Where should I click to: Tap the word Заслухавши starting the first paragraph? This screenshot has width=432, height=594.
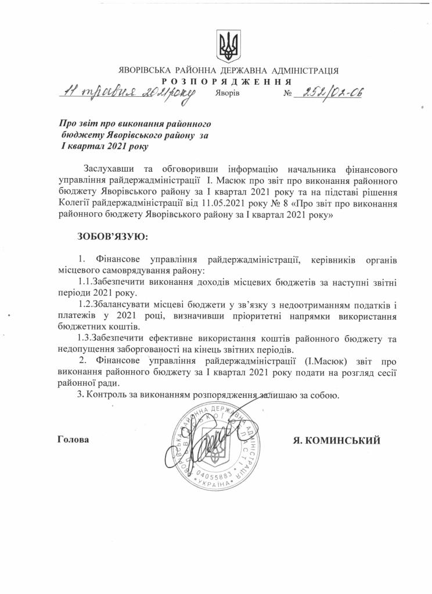pyautogui.click(x=110, y=169)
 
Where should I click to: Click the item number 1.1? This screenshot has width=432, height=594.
pyautogui.click(x=78, y=282)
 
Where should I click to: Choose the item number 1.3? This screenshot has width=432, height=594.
pyautogui.click(x=85, y=338)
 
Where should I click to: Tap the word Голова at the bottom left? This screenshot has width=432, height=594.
pyautogui.click(x=73, y=440)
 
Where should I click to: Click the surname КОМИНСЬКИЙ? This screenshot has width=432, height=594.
pyautogui.click(x=345, y=441)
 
